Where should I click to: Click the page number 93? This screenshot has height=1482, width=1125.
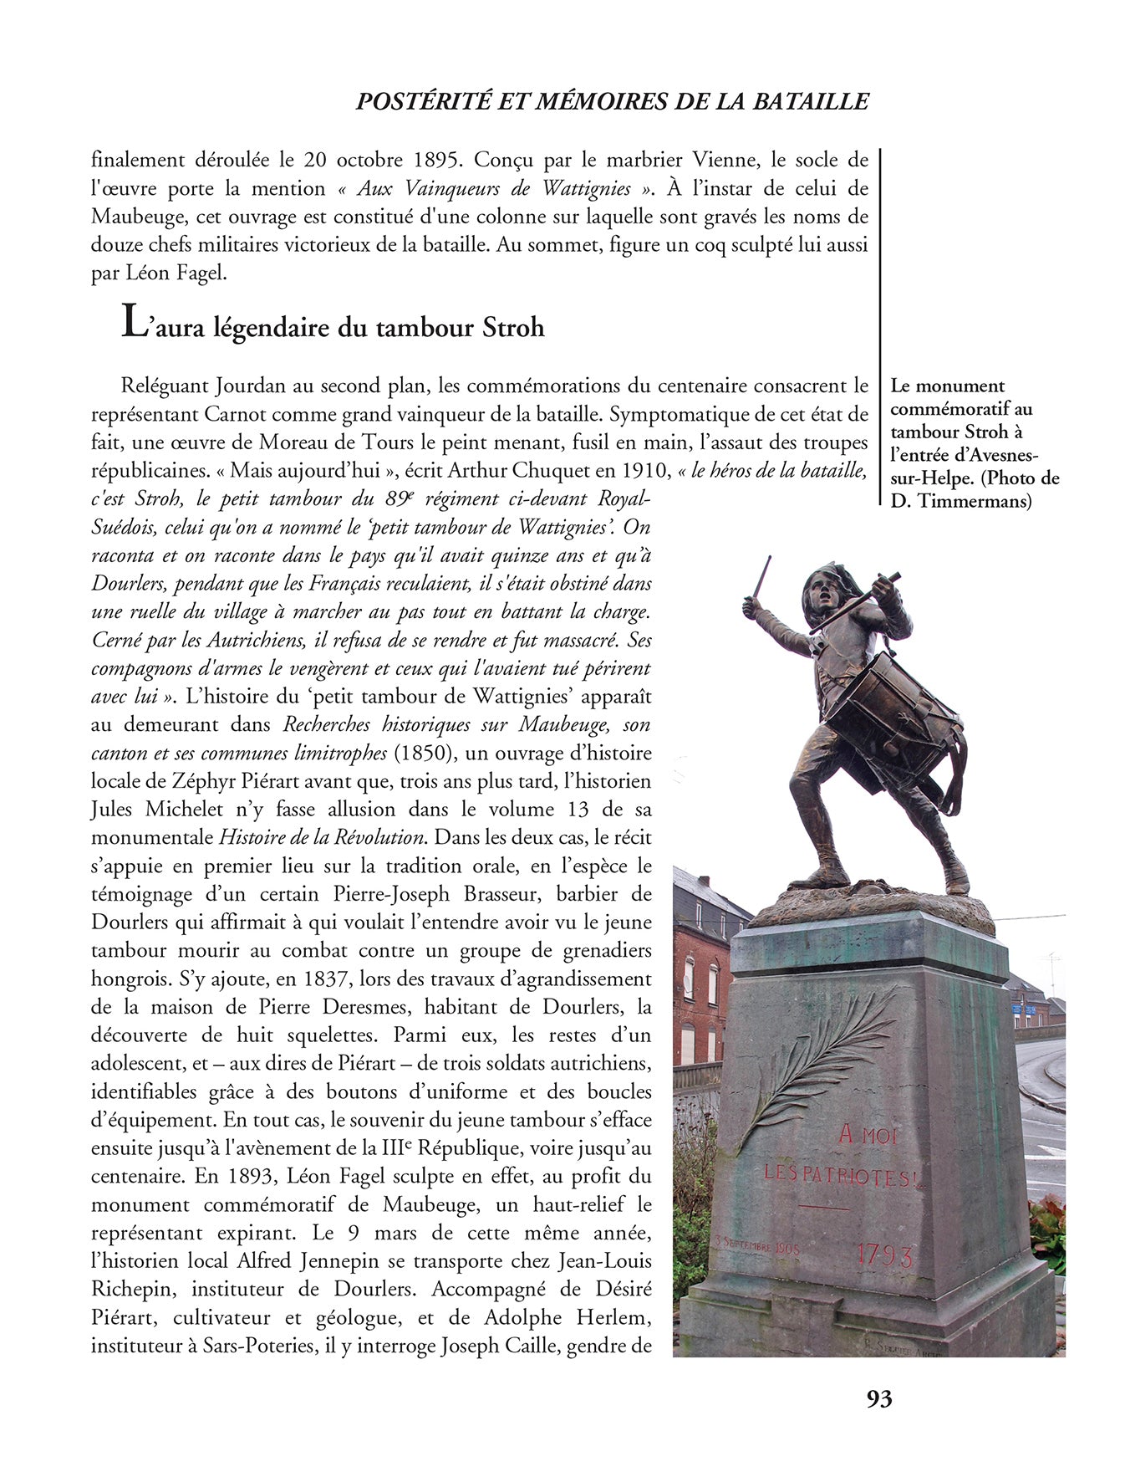point(879,1398)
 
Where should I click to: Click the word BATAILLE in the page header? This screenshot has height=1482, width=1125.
point(812,101)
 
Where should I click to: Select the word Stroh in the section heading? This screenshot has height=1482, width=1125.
point(513,327)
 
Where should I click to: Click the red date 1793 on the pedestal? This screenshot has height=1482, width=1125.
point(884,1255)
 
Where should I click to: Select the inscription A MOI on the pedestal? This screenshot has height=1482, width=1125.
point(867,1134)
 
